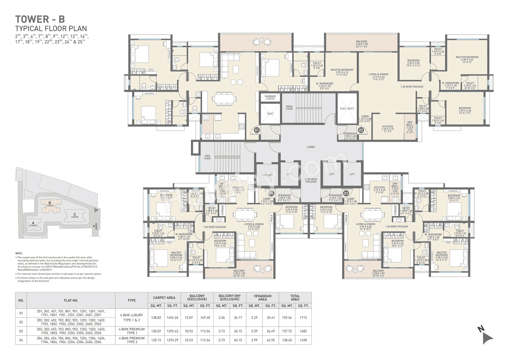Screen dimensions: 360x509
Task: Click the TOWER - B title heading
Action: coord(40,19)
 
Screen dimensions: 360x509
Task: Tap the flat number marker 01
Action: coord(257,130)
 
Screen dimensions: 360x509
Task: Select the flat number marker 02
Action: coord(361,130)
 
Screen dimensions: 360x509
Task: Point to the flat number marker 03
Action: coord(346,193)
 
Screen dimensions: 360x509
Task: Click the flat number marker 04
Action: coord(272,193)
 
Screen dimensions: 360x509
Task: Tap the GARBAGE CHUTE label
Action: coord(268,97)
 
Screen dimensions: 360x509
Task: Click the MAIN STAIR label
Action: coord(289,107)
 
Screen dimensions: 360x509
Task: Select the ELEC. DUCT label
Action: coord(347,108)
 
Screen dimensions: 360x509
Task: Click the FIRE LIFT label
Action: coord(267,175)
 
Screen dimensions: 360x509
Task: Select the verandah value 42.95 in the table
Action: coord(270,340)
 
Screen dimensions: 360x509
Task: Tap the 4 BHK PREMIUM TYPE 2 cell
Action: coord(131,340)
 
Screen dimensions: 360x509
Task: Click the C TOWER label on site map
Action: coord(74,215)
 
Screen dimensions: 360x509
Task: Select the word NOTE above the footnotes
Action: coord(19,253)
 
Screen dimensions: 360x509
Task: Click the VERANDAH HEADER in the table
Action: coord(262,297)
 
